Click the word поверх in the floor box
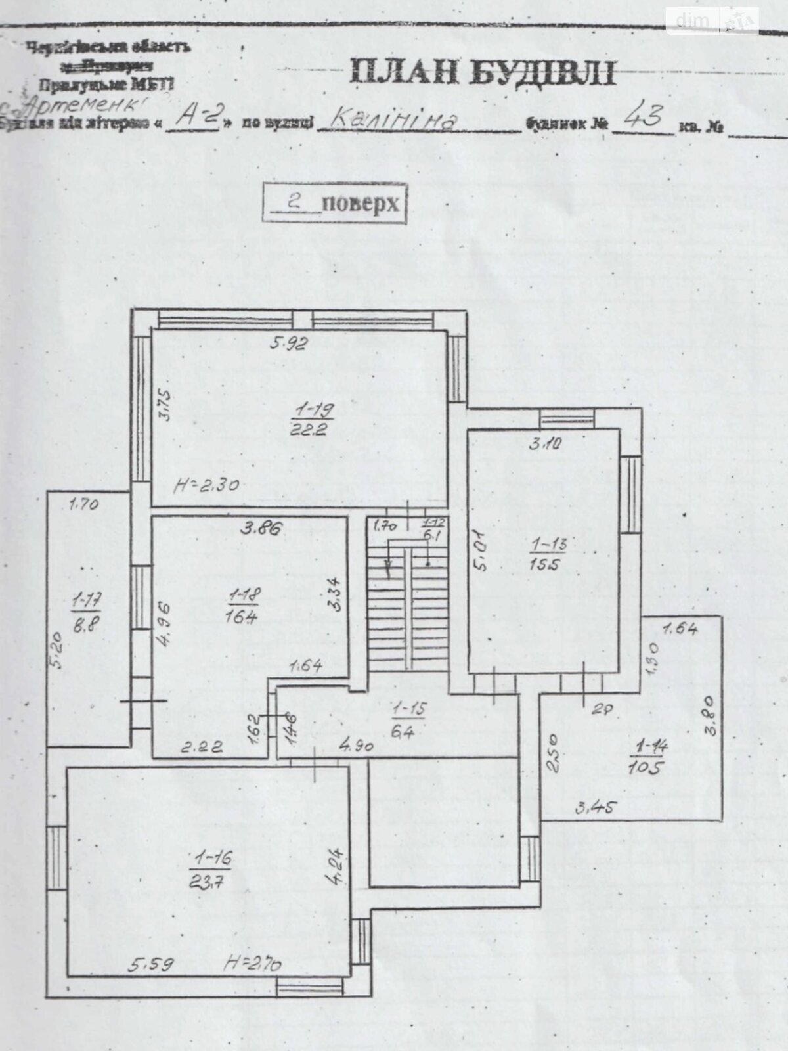361,202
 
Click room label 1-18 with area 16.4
244,605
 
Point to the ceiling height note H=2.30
206,486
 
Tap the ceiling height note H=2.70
253,964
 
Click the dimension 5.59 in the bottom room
151,964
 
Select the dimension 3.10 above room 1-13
545,443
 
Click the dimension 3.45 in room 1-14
597,807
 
